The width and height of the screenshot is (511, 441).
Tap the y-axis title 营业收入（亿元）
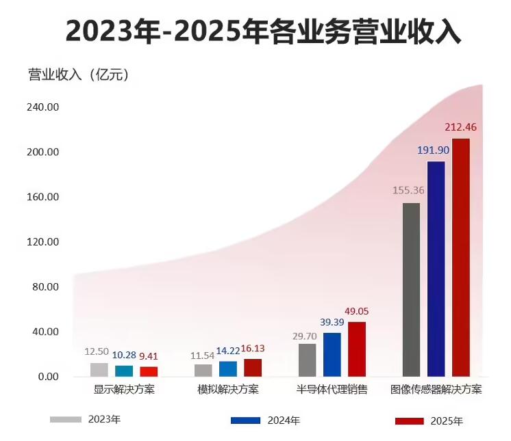pos(79,75)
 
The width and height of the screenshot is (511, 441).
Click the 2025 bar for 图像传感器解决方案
pos(461,257)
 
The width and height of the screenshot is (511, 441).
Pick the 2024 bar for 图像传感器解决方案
pos(436,269)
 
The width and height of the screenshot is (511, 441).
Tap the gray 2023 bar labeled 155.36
pos(411,289)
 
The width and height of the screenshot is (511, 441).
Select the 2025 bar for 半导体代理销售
pos(357,349)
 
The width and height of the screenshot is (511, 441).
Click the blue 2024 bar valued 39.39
pos(332,354)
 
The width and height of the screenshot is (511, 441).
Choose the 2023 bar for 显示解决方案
pos(99,369)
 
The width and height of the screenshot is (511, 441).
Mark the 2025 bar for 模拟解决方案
pos(253,368)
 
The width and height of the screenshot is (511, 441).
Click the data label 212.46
pos(460,127)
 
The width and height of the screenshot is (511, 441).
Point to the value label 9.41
pos(149,356)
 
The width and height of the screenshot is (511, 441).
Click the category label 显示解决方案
pos(124,390)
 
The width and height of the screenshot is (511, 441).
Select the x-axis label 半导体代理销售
pos(332,390)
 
